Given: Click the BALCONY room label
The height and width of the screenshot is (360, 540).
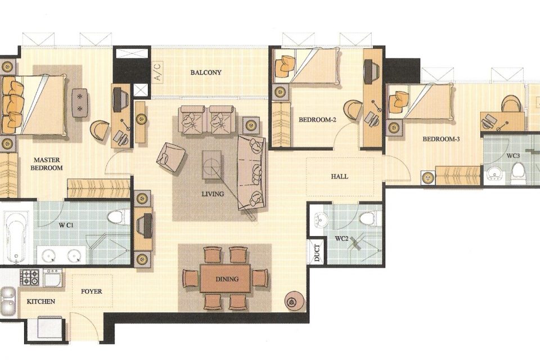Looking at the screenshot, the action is click(x=206, y=73).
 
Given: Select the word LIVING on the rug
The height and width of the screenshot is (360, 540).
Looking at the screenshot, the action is click(x=213, y=194).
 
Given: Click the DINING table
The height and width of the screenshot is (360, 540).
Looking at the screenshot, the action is click(x=225, y=278).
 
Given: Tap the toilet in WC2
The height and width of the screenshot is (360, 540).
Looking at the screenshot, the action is click(x=368, y=218).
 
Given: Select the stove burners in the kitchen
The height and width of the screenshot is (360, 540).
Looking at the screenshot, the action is click(x=29, y=278).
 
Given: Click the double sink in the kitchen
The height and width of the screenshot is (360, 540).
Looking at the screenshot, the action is click(x=8, y=300).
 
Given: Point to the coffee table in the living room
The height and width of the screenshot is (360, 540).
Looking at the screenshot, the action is click(x=212, y=165).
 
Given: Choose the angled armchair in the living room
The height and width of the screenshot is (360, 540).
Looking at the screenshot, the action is click(x=170, y=157).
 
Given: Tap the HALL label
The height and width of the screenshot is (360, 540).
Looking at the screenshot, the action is click(x=339, y=177).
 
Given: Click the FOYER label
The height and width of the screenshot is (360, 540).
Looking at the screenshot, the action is click(x=91, y=291).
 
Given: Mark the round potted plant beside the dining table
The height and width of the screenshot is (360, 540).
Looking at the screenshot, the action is click(x=294, y=301).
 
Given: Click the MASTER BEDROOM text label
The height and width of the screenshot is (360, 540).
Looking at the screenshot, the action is click(x=47, y=164).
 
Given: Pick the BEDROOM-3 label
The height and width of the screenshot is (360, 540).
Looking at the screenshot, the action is click(x=441, y=139).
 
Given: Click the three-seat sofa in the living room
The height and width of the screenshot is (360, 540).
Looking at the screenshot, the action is click(x=251, y=173).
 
